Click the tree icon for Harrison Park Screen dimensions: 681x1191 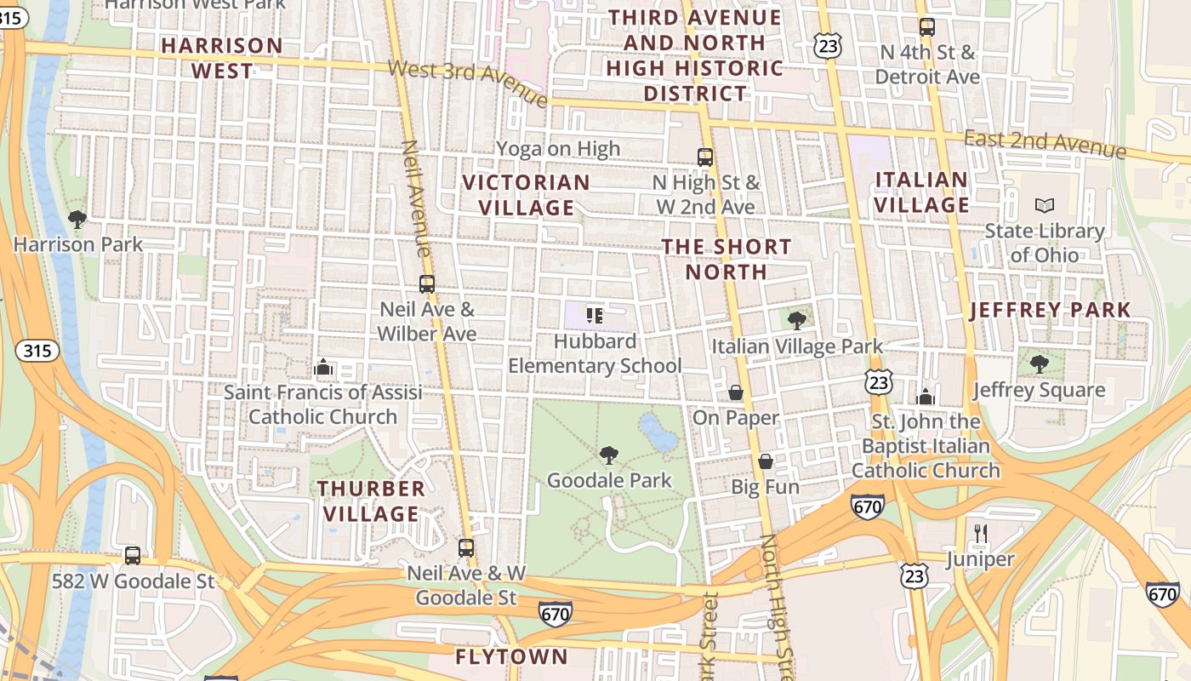pos(77,220)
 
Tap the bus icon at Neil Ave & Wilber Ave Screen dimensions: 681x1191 pos(427,284)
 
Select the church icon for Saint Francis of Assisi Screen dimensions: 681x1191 pos(322,368)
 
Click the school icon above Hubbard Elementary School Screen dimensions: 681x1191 pos(595,316)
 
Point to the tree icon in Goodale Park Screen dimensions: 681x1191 pos(608,455)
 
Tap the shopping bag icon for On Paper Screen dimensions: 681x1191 pos(736,392)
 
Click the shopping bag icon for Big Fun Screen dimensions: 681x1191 pos(766,461)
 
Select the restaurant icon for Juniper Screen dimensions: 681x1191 pos(981,534)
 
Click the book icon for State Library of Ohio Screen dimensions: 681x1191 pos(1044,205)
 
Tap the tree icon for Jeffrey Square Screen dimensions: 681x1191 pos(1039,364)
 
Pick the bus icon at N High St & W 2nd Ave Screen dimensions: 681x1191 pos(705,157)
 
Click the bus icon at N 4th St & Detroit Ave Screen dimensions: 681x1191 pos(927,27)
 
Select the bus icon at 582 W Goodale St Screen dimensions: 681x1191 pos(133,556)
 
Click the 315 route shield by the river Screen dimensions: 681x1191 pos(37,350)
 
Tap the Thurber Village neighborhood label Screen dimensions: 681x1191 pos(371,501)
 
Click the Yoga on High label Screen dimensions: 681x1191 pos(558,149)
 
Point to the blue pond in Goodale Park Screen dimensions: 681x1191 pos(658,433)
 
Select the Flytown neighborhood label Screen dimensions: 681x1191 pos(511,656)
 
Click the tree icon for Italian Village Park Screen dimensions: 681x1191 pos(796,320)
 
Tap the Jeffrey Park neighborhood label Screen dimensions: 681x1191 pos(1051,310)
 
